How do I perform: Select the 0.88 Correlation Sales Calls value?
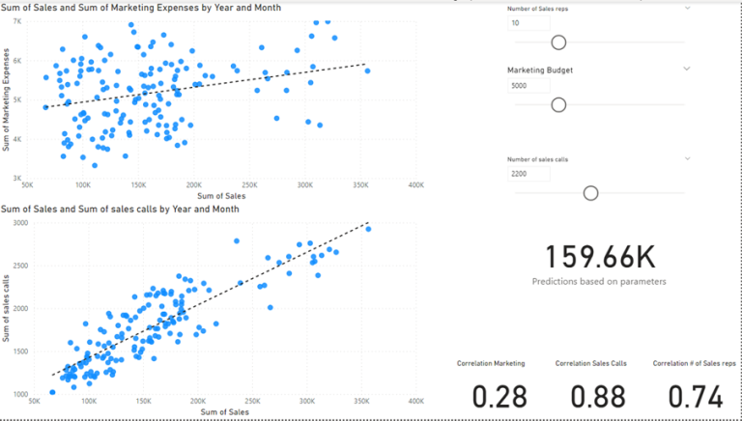click(590, 397)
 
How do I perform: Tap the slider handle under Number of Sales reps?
click(557, 42)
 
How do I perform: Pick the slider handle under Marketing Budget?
click(557, 104)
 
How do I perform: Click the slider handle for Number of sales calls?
click(590, 193)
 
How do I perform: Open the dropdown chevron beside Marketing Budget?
click(687, 69)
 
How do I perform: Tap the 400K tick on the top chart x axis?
click(415, 184)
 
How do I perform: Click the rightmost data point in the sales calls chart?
click(367, 229)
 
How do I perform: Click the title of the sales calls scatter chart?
click(121, 209)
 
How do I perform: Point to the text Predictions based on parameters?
click(598, 281)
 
